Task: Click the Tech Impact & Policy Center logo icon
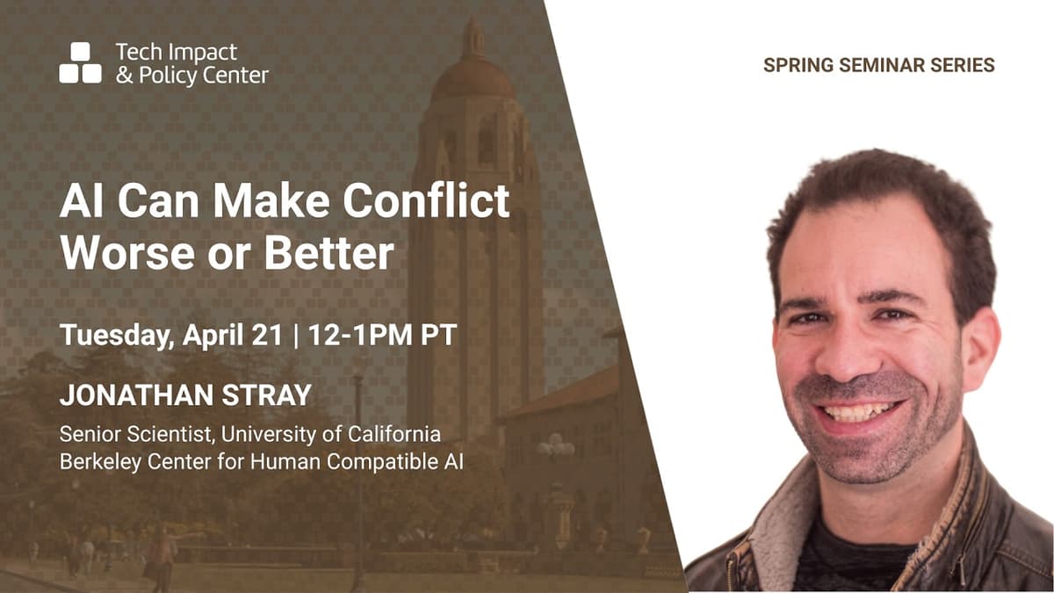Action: pos(80,63)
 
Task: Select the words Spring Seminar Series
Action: pos(878,66)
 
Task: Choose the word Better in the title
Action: pos(328,254)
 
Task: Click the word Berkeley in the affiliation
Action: pos(94,461)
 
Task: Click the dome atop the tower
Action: pos(473,75)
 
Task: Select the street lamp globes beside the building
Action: pos(555,446)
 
